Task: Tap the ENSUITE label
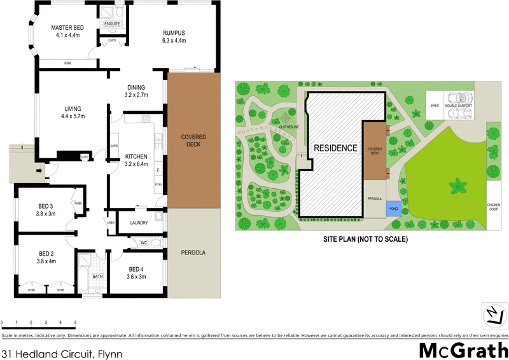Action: (113, 24)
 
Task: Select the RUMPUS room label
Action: (174, 32)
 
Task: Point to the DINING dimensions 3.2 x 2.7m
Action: (136, 95)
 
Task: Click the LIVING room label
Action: (73, 108)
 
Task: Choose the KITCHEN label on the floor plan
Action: (136, 156)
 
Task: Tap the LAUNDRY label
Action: (138, 223)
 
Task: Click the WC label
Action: (143, 242)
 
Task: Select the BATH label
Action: (97, 277)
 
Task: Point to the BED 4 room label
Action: (137, 269)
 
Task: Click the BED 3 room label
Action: (46, 206)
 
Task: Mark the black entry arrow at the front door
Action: (40, 170)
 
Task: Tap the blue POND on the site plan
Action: (393, 207)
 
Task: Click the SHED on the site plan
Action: (435, 105)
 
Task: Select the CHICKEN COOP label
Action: (494, 207)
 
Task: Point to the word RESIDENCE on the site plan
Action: (335, 148)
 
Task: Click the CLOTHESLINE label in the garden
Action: (288, 127)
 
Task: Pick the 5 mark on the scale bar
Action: (75, 323)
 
